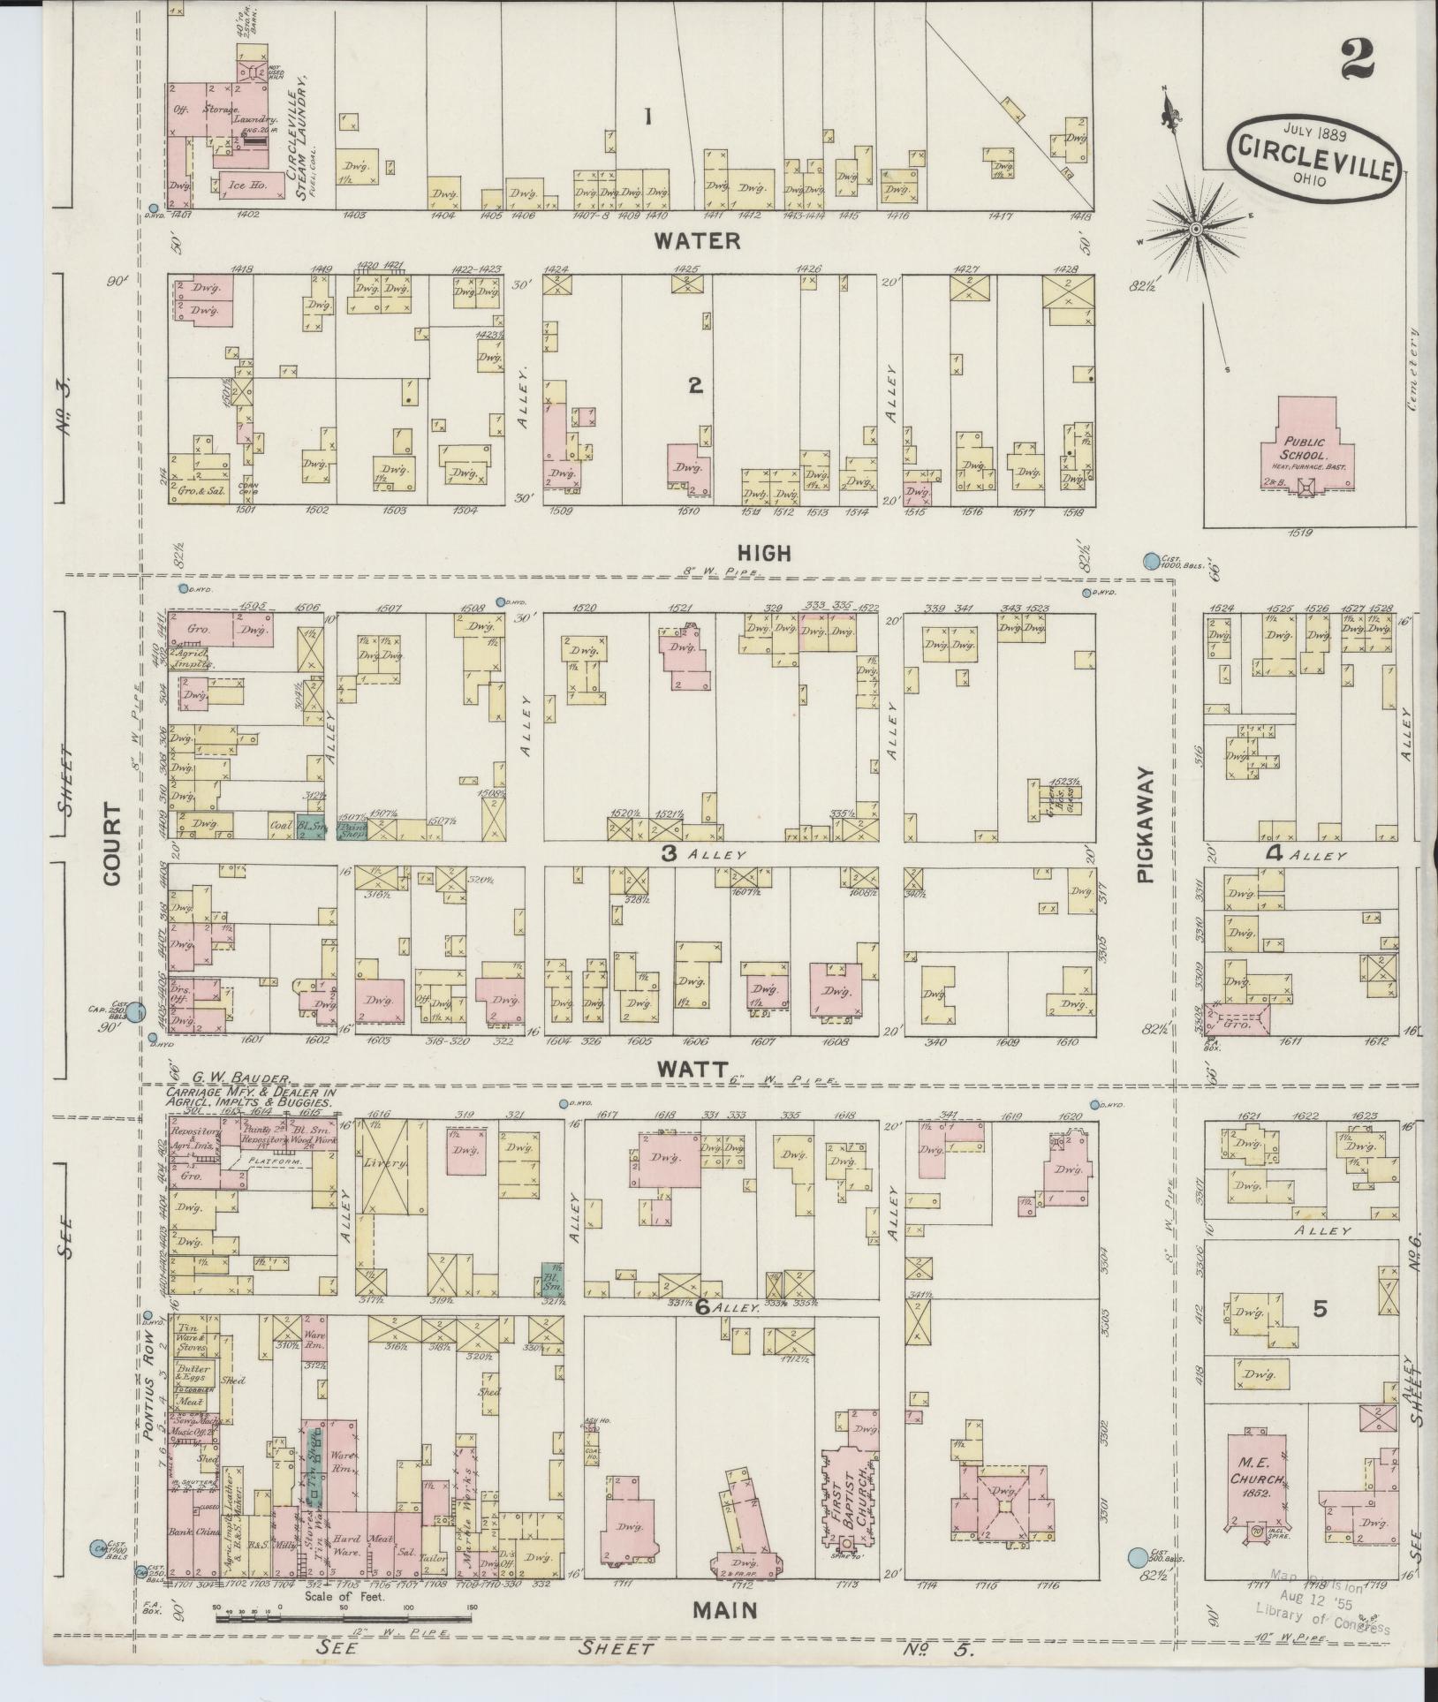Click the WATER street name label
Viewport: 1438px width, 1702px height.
tap(697, 240)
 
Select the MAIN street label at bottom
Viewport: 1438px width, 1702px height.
tap(724, 1610)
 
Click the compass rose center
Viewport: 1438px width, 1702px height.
tap(1195, 229)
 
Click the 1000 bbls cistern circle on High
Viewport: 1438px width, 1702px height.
tap(1151, 561)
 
